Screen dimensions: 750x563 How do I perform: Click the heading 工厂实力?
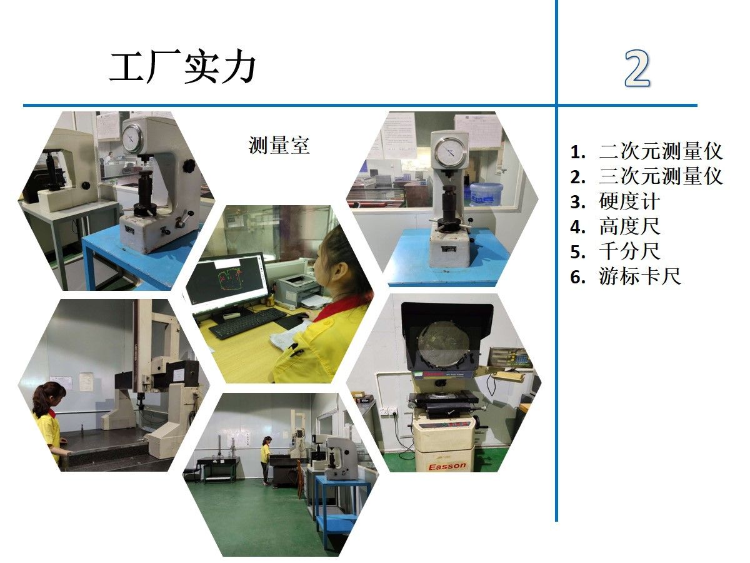(182, 67)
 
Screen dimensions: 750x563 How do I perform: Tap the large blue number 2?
(637, 69)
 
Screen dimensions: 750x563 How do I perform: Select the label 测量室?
(279, 145)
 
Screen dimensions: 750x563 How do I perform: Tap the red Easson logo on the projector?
(447, 466)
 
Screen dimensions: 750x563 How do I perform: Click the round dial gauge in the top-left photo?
(132, 138)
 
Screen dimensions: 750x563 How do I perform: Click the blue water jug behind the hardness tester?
(486, 194)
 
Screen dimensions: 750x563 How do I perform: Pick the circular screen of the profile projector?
(444, 345)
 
